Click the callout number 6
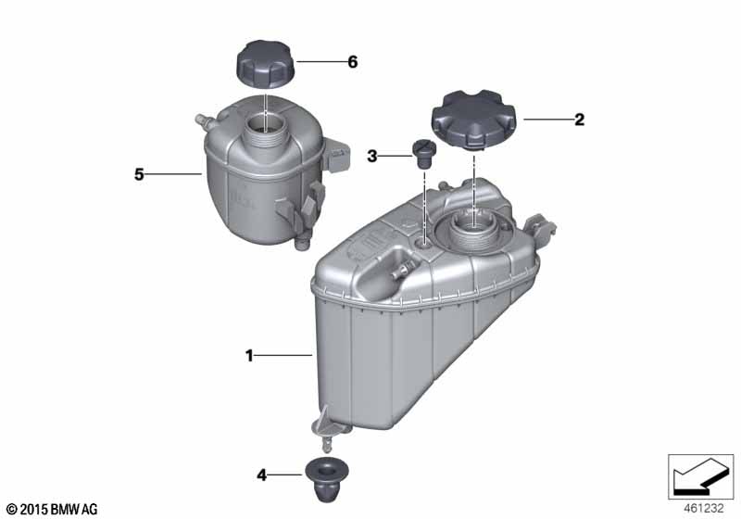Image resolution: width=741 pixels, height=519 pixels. click(x=353, y=62)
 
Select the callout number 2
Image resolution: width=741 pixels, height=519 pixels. click(x=580, y=120)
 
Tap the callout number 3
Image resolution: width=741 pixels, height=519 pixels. click(x=372, y=156)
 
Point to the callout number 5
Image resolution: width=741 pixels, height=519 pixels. click(x=138, y=174)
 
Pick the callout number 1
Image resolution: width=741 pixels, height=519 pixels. click(x=249, y=356)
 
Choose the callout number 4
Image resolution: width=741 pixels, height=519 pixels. click(x=261, y=475)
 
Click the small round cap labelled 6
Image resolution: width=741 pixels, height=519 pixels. click(x=265, y=64)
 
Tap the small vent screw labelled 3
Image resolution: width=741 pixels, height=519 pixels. click(x=423, y=154)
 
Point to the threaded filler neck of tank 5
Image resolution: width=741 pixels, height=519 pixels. click(x=266, y=129)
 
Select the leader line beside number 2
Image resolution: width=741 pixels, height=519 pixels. click(x=547, y=120)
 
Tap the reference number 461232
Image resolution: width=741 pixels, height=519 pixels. click(x=703, y=509)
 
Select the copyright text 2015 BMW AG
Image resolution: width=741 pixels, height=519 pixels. click(x=53, y=510)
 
